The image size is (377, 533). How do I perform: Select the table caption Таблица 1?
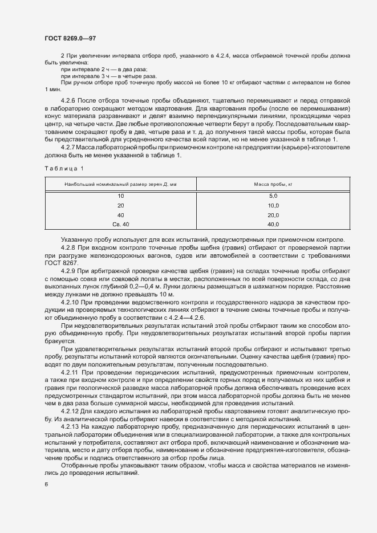tap(64, 168)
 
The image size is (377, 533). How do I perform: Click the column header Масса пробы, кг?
tap(273, 184)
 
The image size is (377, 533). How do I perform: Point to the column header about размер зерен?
tap(120, 184)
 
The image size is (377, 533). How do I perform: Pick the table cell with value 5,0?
tap(273, 196)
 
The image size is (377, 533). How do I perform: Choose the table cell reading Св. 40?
tap(120, 224)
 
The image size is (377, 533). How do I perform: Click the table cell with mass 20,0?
tap(273, 215)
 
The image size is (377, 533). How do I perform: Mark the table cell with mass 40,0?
tap(273, 224)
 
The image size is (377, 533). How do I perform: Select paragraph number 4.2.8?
tap(68, 247)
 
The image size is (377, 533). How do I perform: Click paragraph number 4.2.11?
tap(70, 372)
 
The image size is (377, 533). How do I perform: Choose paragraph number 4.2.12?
tap(70, 411)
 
